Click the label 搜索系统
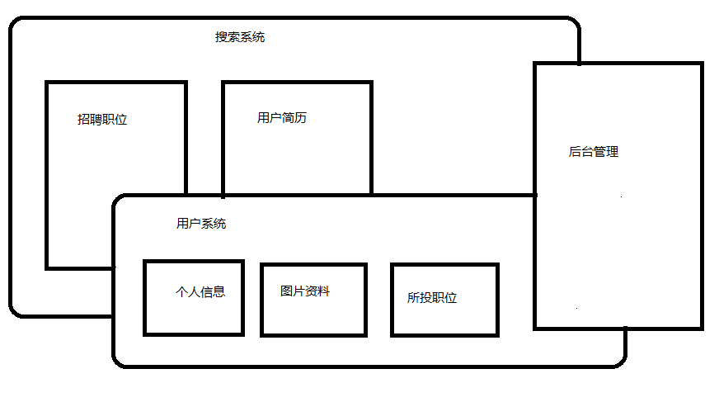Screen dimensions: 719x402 240,37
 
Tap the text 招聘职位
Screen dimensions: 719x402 102,120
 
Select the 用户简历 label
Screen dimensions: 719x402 282,118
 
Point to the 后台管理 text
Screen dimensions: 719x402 594,152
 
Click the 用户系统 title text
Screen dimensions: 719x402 201,224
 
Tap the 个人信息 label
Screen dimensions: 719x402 200,291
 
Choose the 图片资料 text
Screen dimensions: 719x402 305,291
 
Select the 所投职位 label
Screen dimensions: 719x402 432,298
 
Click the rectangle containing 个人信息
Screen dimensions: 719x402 194,318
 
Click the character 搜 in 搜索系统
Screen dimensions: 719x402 221,37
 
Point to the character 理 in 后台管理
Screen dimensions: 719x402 613,152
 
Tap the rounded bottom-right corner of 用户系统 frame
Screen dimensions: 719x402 621,361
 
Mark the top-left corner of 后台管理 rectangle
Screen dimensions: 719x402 536,64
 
